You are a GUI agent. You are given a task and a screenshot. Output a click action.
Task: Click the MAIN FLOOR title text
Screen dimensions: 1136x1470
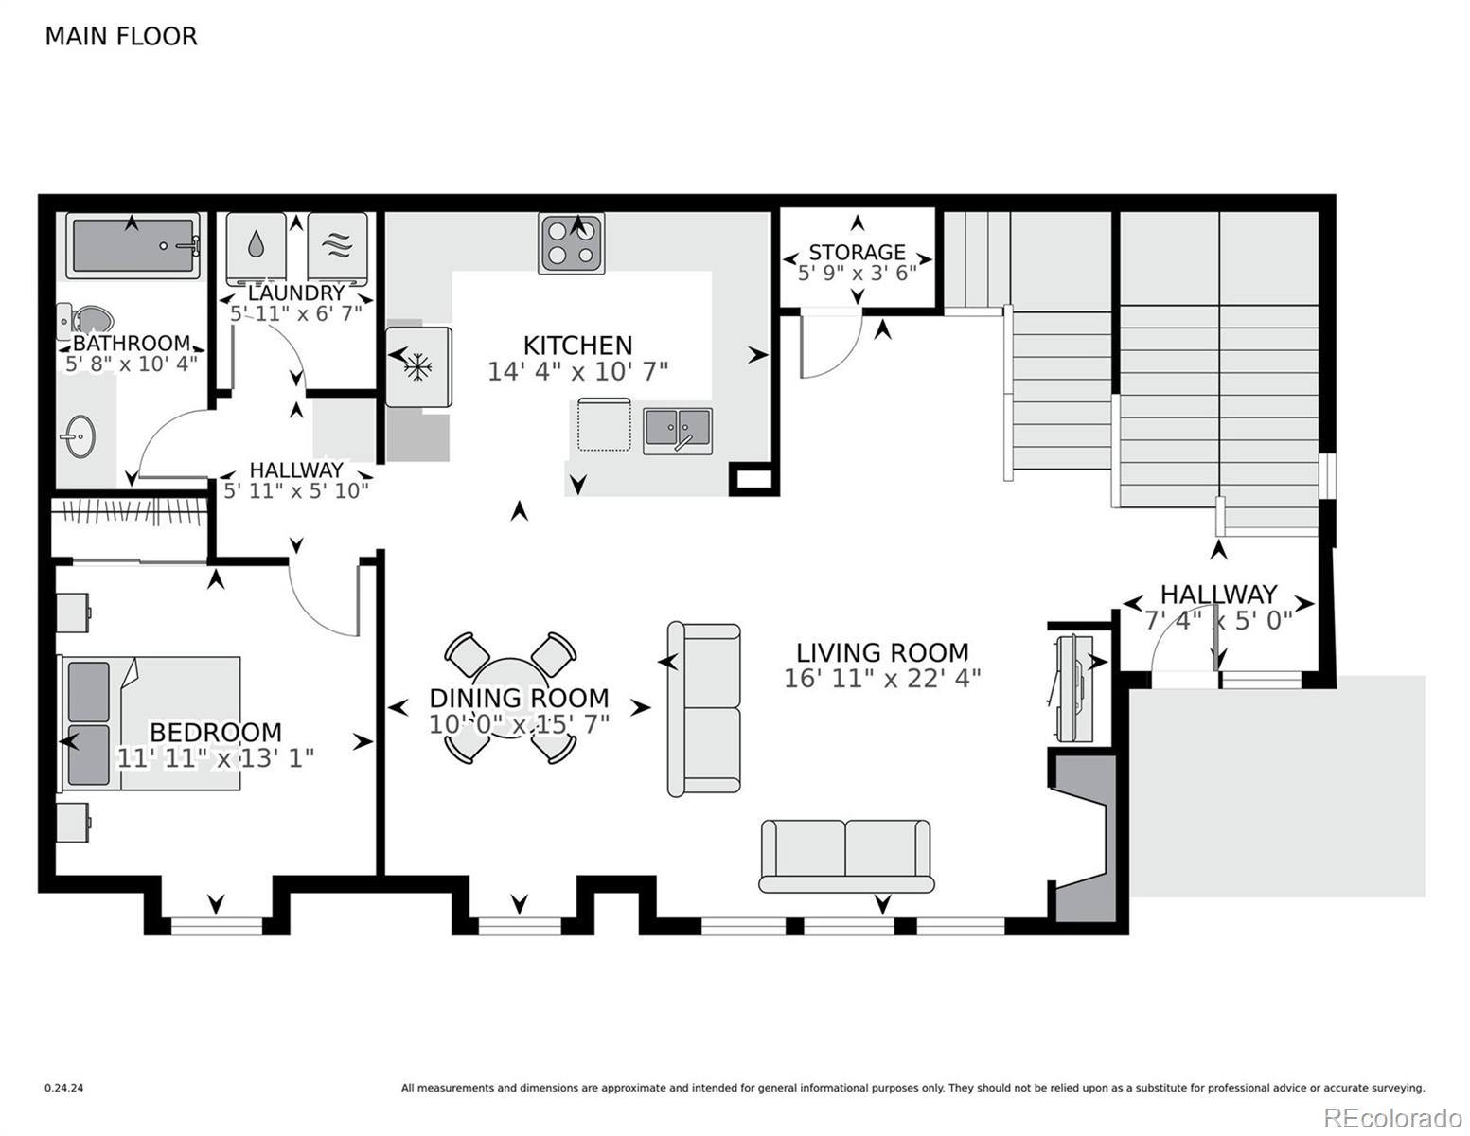121,36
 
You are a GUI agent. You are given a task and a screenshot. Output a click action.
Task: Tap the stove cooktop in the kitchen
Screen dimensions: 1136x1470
572,243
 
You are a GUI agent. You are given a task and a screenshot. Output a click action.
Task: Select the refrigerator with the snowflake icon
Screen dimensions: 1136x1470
417,366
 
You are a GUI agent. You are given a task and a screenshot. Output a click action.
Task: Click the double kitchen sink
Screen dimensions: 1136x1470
678,431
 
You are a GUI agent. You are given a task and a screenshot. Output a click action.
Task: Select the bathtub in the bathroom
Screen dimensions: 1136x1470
133,245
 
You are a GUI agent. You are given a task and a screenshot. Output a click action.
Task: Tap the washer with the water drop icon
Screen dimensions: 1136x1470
257,245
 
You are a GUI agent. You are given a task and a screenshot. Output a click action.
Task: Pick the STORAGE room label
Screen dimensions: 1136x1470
857,252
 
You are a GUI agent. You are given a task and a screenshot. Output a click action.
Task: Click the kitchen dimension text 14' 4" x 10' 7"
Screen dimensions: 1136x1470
577,371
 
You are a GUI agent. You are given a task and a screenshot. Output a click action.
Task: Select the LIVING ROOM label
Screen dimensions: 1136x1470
882,652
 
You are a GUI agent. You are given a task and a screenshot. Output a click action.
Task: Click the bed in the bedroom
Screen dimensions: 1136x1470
151,722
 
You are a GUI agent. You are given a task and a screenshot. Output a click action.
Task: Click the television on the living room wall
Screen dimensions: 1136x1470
1072,689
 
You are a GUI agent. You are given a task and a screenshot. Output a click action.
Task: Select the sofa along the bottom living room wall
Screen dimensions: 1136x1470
845,856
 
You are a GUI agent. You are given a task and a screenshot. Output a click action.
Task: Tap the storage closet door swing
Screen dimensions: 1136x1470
828,346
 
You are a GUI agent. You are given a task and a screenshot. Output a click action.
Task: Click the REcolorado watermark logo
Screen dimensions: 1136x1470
1392,1117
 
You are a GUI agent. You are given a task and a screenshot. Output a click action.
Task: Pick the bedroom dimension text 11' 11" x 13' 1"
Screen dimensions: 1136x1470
216,758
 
